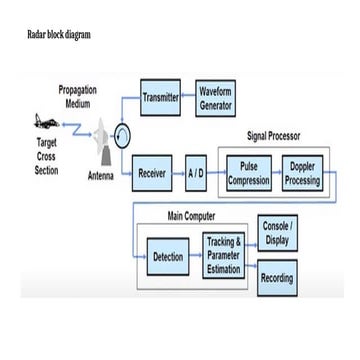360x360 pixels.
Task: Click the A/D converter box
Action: point(196,173)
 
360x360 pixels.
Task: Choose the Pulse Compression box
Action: point(248,172)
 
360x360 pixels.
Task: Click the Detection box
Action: point(167,257)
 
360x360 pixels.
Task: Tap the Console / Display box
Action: point(276,233)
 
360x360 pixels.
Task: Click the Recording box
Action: point(276,278)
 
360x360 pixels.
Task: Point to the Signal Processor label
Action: point(273,136)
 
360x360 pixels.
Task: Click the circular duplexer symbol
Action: point(121,137)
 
